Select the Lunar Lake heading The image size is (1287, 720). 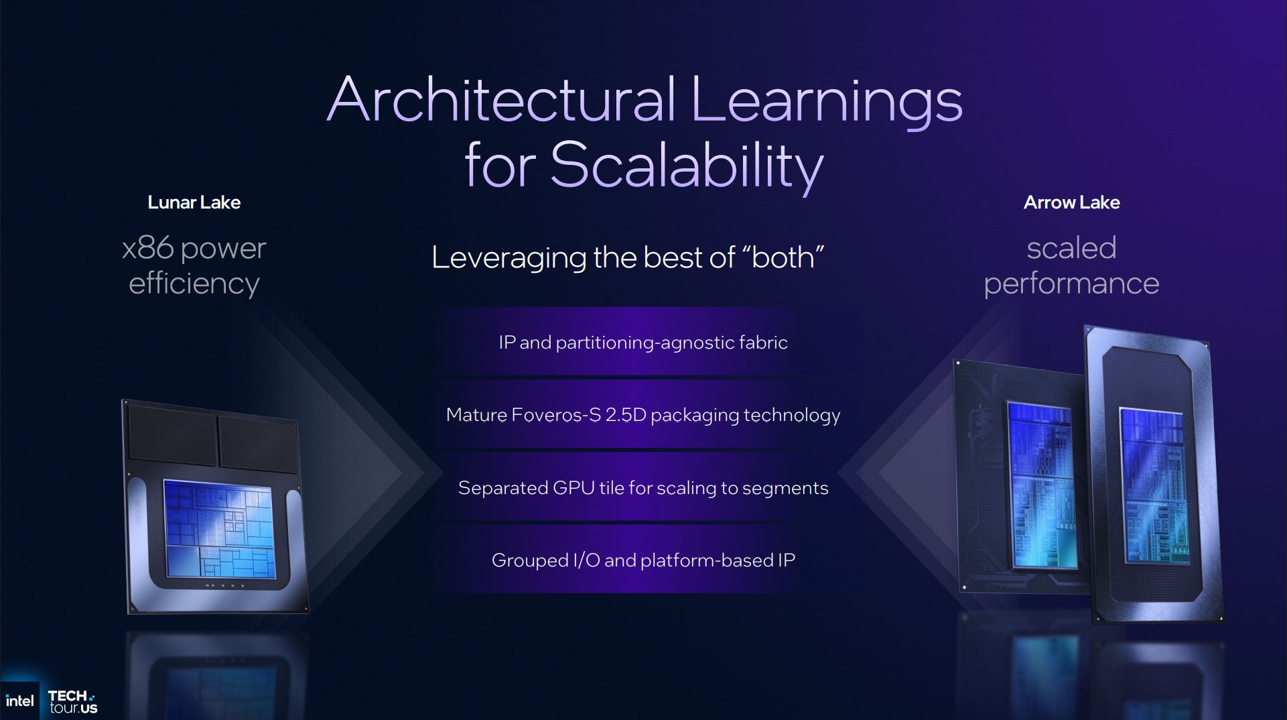194,202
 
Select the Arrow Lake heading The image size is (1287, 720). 1071,202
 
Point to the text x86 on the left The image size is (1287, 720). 148,248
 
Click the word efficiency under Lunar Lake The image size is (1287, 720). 194,284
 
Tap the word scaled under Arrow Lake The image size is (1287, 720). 1071,248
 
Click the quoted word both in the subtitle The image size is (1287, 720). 783,257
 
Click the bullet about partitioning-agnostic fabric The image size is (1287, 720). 643,343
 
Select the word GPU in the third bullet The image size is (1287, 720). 573,488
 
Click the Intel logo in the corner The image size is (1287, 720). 19,701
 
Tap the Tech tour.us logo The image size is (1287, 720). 73,702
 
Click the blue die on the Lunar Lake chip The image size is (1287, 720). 219,530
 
